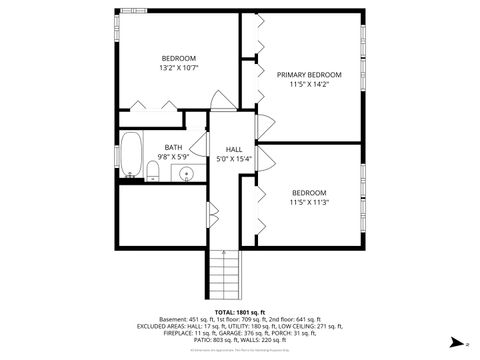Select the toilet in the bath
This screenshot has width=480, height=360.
coord(153,174)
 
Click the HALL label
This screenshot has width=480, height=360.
coord(234,149)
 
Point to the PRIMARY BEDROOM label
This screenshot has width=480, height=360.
coord(309,75)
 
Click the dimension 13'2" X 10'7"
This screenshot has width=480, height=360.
coord(179,68)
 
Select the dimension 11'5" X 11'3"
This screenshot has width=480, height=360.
coord(309,202)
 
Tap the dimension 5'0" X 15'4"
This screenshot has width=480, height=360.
coord(234,159)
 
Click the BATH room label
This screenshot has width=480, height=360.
coord(173,147)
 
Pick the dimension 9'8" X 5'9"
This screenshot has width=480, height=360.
coord(173,157)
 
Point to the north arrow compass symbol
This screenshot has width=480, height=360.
coord(466,343)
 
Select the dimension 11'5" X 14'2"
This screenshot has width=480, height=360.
coord(309,85)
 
